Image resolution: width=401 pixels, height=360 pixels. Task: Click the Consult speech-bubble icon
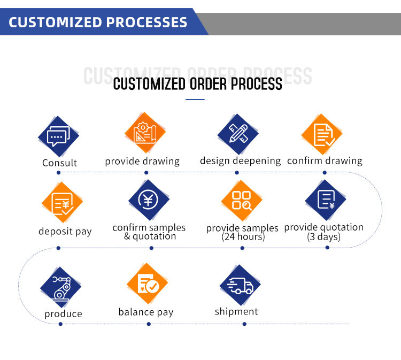pyautogui.click(x=58, y=136)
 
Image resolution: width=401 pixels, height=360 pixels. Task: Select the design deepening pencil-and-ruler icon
pyautogui.click(x=238, y=133)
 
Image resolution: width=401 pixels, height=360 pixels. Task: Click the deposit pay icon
pyautogui.click(x=62, y=203)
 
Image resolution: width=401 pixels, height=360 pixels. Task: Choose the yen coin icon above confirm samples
pyautogui.click(x=149, y=200)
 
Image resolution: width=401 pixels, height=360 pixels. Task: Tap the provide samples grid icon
pyautogui.click(x=242, y=201)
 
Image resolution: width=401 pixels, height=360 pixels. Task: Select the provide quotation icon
pyautogui.click(x=325, y=200)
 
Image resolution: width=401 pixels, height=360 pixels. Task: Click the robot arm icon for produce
pyautogui.click(x=60, y=287)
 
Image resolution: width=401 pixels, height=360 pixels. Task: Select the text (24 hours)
pyautogui.click(x=243, y=236)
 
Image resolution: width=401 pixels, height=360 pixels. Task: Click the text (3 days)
pyautogui.click(x=323, y=236)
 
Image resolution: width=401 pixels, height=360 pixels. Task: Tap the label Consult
pyautogui.click(x=59, y=163)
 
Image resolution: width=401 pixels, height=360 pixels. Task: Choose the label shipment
pyautogui.click(x=236, y=311)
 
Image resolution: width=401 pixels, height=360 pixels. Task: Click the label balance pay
pyautogui.click(x=146, y=312)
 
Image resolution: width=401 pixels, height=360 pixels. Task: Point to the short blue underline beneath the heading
pyautogui.click(x=195, y=99)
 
